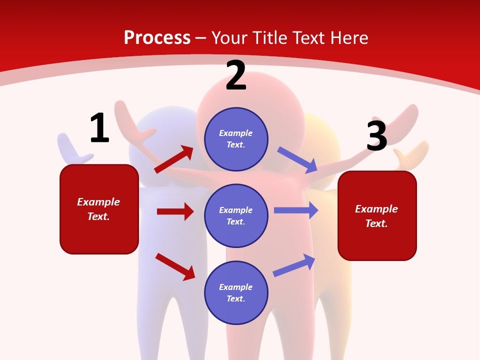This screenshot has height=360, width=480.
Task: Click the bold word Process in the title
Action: pos(157,38)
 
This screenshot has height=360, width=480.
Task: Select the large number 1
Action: pos(99,128)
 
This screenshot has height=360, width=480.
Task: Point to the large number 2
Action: pos(236,76)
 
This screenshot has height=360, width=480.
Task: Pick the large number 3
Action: pos(376,136)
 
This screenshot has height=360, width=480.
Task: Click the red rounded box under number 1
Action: pos(99,209)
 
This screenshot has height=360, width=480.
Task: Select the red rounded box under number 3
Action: pos(377,215)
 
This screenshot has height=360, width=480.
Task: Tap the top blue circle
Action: pos(236,139)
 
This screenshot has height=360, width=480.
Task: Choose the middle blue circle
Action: pos(236,215)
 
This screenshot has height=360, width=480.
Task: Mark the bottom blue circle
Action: pos(236,292)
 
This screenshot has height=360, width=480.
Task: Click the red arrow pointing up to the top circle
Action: pos(174,159)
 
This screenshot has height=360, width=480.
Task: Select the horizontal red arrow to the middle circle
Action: pos(175,211)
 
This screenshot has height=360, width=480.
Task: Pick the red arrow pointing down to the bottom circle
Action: pos(175,266)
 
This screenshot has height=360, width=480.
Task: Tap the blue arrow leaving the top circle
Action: pos(297,159)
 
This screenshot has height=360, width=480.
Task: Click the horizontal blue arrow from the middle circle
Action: pos(296,210)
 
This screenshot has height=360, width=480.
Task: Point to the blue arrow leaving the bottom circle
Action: pos(294,265)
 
